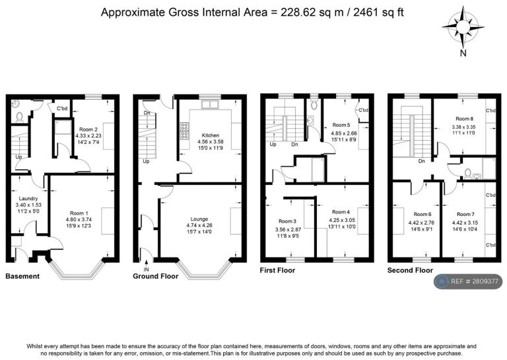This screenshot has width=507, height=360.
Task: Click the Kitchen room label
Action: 210,135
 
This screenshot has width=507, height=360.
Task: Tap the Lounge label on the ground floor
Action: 199,219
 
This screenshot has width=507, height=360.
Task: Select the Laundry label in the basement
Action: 28,198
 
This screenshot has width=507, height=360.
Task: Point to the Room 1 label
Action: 79,213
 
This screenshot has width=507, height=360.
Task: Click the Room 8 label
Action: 464,119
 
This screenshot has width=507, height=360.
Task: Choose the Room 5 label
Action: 341,125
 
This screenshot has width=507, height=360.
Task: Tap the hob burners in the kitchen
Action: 185,131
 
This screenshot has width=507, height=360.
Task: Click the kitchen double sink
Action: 210,104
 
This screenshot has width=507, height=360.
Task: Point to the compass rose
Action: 463,26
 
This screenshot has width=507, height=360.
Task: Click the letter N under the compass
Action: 463,53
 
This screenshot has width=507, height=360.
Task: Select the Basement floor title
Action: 22,276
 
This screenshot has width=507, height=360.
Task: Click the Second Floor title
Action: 410,270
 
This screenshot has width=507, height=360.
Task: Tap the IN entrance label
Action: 146,270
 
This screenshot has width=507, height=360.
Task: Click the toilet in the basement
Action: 19,117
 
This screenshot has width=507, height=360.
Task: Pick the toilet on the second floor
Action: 467,173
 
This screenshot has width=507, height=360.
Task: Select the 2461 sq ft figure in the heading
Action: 378,13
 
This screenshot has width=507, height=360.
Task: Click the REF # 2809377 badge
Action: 468,281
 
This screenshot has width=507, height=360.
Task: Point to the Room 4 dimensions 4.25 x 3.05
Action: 341,220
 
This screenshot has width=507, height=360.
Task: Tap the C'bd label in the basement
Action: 62,108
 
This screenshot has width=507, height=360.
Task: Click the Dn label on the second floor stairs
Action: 421,161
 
